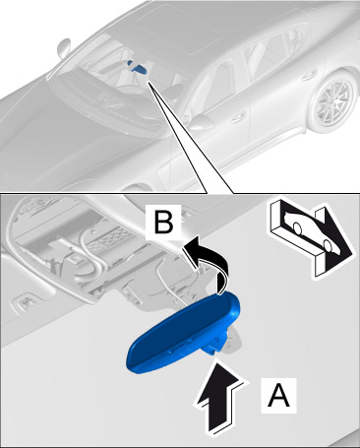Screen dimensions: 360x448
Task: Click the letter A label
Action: (x=278, y=395)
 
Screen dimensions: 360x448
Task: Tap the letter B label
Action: (x=163, y=223)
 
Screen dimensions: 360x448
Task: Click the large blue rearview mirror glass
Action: (x=184, y=333)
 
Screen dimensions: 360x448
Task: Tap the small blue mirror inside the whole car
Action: (x=138, y=67)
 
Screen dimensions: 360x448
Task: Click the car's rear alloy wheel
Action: (x=335, y=102)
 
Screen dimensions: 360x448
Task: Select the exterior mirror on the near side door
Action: (x=202, y=122)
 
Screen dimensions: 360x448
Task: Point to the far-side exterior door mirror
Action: (x=63, y=46)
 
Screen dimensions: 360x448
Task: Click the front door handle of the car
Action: (x=239, y=116)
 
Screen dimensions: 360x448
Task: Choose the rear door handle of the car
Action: (x=308, y=76)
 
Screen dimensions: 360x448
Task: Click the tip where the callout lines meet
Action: (x=149, y=83)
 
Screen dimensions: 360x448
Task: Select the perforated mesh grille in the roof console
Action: (x=111, y=238)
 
